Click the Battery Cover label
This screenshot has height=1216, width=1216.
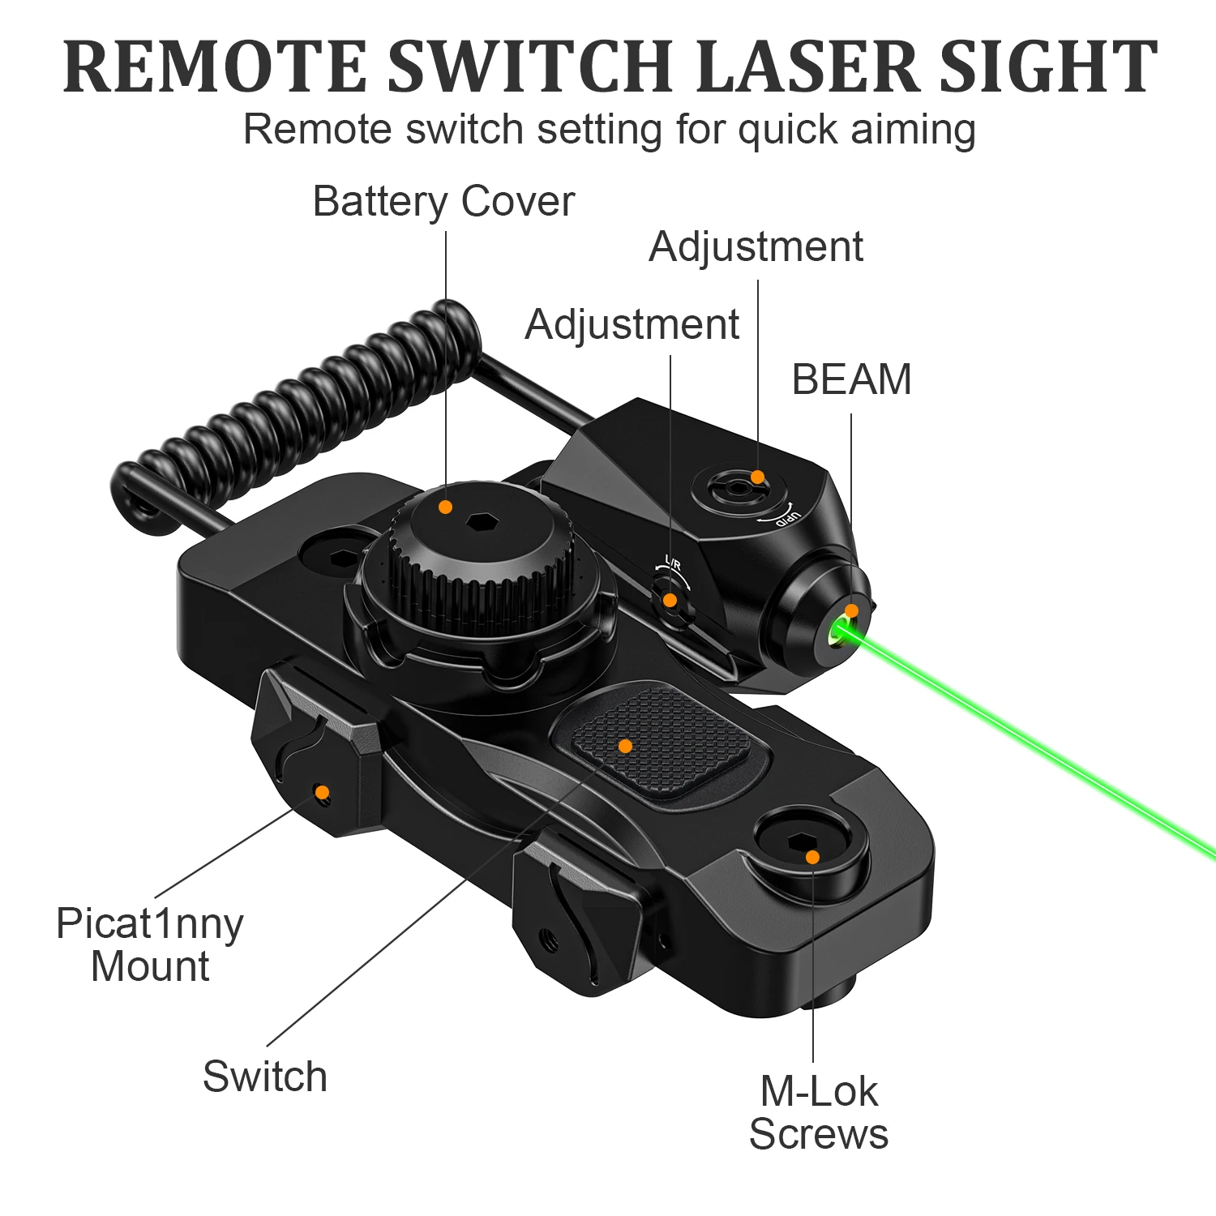pyautogui.click(x=443, y=201)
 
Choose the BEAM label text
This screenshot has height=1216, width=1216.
pyautogui.click(x=851, y=379)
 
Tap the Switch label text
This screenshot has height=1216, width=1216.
pyautogui.click(x=265, y=1077)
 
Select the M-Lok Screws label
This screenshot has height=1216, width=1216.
pyautogui.click(x=819, y=1112)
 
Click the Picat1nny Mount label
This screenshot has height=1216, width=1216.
pyautogui.click(x=150, y=945)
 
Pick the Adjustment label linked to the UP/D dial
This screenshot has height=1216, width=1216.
pyautogui.click(x=756, y=246)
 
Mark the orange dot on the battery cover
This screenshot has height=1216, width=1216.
pyautogui.click(x=445, y=507)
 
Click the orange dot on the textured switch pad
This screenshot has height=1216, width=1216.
pyautogui.click(x=625, y=746)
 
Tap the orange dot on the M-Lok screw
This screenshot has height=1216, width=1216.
pyautogui.click(x=812, y=857)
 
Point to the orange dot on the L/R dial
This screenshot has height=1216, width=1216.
pyautogui.click(x=670, y=601)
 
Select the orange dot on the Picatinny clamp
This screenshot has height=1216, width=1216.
pyautogui.click(x=322, y=792)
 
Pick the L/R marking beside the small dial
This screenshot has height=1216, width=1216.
pyautogui.click(x=673, y=563)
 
